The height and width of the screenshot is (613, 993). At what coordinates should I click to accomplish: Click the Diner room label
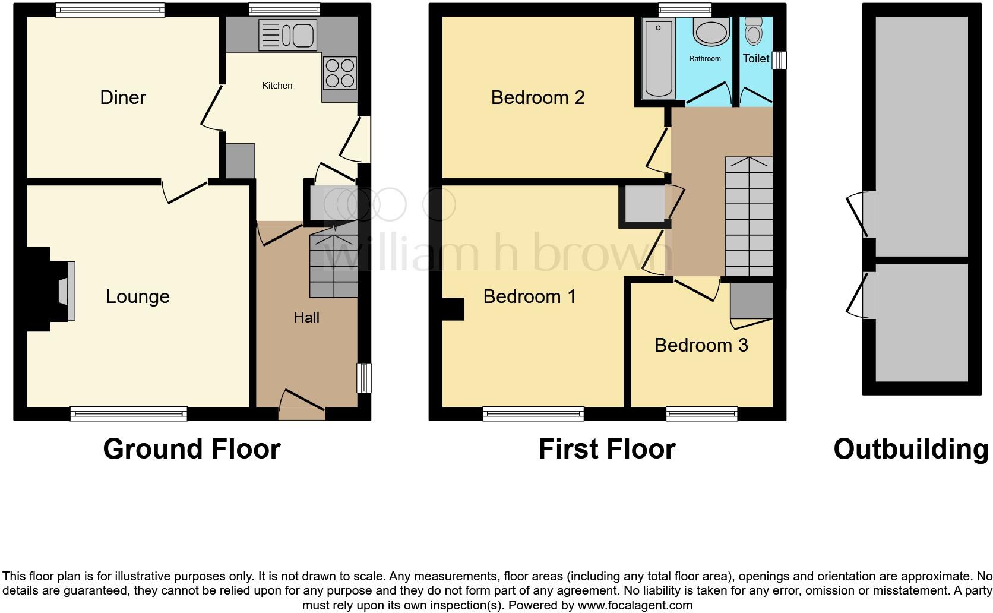point(122,97)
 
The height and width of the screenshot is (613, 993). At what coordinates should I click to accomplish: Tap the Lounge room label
point(137,296)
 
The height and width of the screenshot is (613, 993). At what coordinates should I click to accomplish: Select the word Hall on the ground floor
point(306,317)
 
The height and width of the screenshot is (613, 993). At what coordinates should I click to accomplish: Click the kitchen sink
point(288,34)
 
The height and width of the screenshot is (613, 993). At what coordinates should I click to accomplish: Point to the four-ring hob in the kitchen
point(340,72)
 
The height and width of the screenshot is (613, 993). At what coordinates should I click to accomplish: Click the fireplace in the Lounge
point(64,291)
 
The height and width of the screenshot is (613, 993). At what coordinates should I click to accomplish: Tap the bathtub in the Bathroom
point(659,58)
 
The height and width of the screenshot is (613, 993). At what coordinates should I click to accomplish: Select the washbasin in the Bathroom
point(711,31)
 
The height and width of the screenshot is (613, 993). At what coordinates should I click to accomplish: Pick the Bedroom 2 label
point(537,97)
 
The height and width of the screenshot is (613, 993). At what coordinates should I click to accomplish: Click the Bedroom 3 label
point(701,345)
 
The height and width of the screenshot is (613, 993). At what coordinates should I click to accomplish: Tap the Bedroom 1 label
point(529,296)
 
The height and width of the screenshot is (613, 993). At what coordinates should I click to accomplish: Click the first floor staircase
point(748,217)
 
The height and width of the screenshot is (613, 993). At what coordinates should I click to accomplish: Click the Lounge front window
point(128,413)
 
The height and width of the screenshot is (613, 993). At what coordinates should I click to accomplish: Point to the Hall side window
point(364,378)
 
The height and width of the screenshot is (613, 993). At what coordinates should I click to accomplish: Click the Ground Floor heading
point(191,449)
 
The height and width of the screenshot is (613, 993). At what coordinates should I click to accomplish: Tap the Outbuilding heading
point(910,449)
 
